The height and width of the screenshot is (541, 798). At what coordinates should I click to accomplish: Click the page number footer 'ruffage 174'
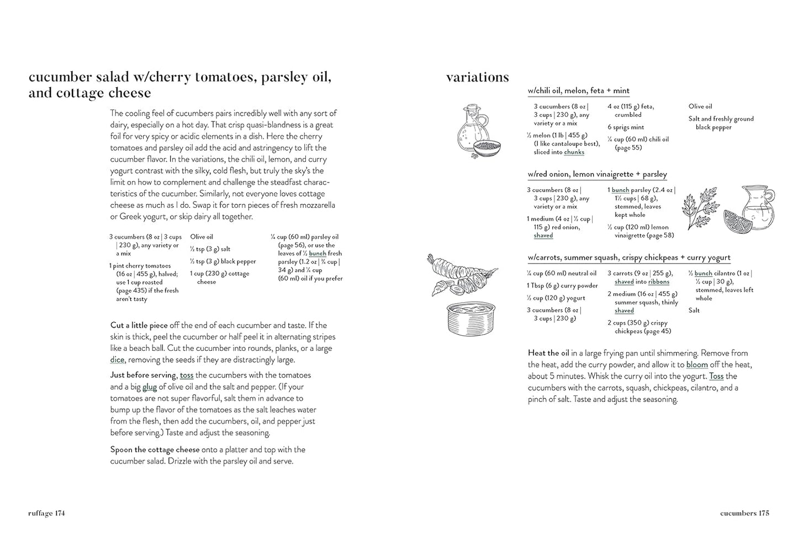(47, 513)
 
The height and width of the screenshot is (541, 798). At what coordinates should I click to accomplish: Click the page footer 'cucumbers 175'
(744, 513)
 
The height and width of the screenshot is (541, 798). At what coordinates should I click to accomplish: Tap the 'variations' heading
(477, 77)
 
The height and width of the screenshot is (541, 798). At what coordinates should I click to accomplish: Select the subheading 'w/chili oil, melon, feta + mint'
(578, 91)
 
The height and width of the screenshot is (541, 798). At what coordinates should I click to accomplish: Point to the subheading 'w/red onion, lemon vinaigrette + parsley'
(597, 174)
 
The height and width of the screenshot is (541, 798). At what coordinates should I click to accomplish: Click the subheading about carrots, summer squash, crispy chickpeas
(628, 258)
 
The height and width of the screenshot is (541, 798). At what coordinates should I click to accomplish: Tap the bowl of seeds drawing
(487, 146)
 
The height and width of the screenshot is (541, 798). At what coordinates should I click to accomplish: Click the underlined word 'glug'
(150, 387)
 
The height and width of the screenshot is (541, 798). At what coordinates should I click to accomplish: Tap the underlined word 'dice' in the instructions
(117, 360)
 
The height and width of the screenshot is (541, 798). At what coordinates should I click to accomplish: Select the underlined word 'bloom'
(697, 365)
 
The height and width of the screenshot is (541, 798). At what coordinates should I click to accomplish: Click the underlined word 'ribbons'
(659, 282)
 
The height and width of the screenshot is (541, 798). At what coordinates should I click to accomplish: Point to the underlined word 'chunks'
(574, 152)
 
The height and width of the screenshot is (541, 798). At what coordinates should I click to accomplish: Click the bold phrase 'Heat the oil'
(548, 353)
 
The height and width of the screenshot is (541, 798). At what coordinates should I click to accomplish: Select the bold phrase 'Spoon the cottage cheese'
(155, 450)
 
